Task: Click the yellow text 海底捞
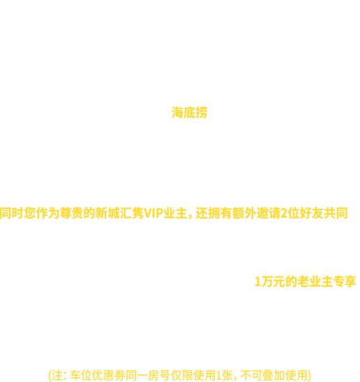click(x=189, y=112)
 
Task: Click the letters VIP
click(x=153, y=214)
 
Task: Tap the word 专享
click(x=345, y=281)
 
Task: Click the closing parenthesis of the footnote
click(x=309, y=376)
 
